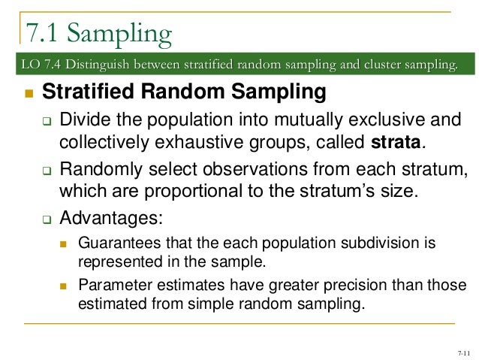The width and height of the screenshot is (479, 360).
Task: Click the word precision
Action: click(x=321, y=286)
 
